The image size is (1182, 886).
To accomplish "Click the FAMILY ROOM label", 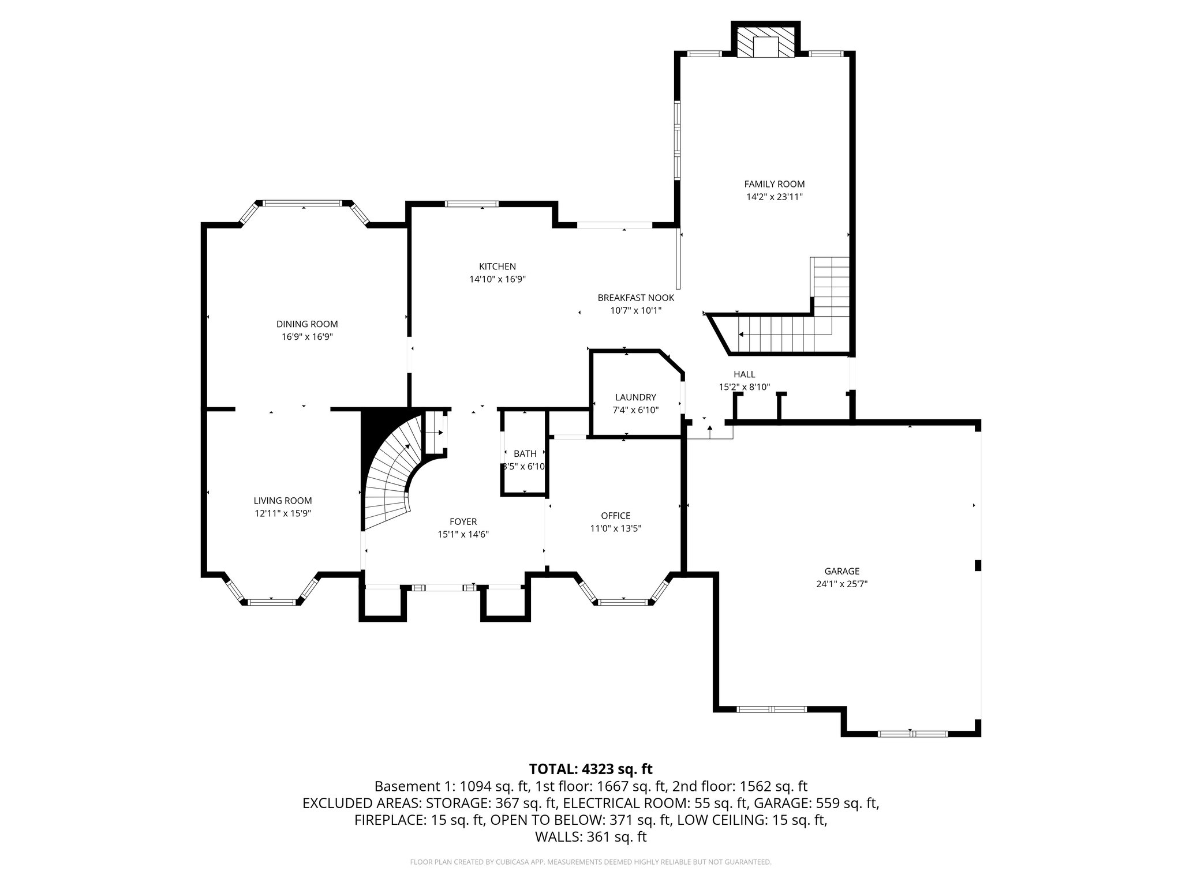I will point(774,184).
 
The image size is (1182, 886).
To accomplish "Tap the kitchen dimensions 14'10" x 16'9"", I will point(497,279).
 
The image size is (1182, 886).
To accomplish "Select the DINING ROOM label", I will point(306,324).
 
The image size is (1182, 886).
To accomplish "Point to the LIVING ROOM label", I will point(283,501).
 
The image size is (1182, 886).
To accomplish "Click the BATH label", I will point(525,454).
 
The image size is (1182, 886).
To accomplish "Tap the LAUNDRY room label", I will point(635,397).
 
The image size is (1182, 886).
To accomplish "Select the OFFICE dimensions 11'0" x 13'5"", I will point(615,528).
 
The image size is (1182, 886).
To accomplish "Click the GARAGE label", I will point(841,571).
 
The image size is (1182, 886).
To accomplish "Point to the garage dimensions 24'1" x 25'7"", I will point(841,584).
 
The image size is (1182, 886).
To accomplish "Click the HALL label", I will point(744,374).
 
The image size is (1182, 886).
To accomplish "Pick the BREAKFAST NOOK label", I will point(635,298).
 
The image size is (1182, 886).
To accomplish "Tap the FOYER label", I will point(463,521).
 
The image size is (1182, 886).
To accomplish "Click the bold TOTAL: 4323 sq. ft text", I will point(590,769).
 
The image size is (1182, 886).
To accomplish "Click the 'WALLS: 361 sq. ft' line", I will point(590,837).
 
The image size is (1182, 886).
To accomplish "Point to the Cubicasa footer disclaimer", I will point(590,862).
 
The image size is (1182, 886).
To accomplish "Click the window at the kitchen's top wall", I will point(472,204).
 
